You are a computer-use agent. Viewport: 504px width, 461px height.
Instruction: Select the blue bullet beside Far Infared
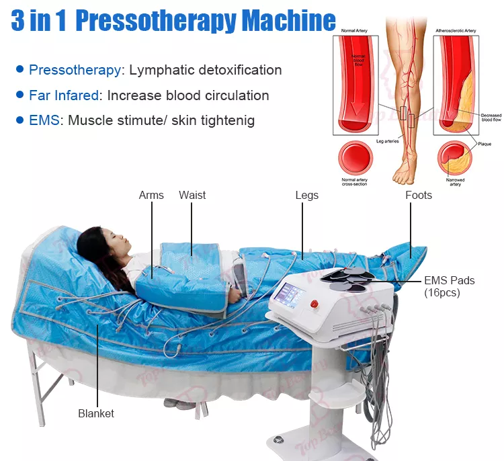(x=20, y=95)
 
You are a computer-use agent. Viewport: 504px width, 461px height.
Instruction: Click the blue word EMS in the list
(x=43, y=121)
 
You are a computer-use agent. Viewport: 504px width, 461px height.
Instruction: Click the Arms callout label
(x=151, y=196)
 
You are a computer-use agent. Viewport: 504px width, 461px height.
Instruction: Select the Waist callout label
(x=192, y=196)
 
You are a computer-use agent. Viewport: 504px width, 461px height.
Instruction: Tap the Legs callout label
(x=306, y=196)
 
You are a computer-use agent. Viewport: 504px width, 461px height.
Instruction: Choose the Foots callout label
(x=418, y=196)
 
